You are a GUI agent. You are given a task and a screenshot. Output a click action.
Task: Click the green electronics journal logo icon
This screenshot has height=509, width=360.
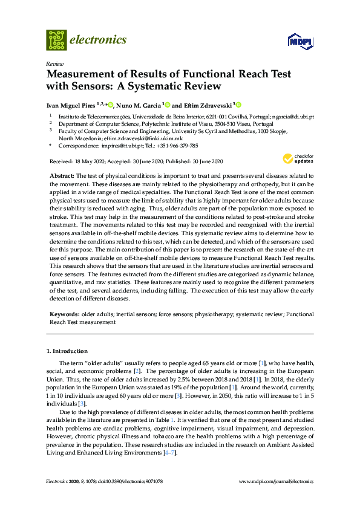pyautogui.click(x=56, y=40)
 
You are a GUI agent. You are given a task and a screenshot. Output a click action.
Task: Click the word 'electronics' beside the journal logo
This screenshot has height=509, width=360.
pyautogui.click(x=98, y=40)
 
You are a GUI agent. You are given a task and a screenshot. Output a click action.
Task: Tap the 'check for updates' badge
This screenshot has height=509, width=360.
pyautogui.click(x=298, y=159)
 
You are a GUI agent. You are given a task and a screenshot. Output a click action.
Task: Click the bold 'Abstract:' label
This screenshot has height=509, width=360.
pyautogui.click(x=63, y=175)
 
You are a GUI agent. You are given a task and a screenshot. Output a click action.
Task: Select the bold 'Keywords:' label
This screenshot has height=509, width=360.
pyautogui.click(x=65, y=314)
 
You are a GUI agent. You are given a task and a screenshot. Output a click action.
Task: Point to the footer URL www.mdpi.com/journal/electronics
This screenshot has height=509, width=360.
pyautogui.click(x=277, y=481)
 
